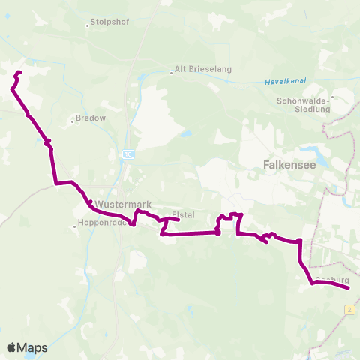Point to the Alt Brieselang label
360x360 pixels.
pyautogui.click(x=203, y=69)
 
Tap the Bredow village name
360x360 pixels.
pyautogui.click(x=91, y=118)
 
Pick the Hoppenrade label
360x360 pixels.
pyautogui.click(x=104, y=223)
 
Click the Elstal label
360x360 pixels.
pyautogui.click(x=183, y=214)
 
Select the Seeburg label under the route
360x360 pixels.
pyautogui.click(x=331, y=280)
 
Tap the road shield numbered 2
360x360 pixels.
pyautogui.click(x=349, y=309)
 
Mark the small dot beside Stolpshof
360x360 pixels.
pyautogui.click(x=88, y=22)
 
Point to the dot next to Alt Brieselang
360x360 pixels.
pyautogui.click(x=171, y=69)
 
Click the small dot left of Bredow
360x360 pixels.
pyautogui.click(x=73, y=118)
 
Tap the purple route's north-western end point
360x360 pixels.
pyautogui.click(x=19, y=72)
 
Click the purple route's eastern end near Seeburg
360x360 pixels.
pyautogui.click(x=349, y=287)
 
